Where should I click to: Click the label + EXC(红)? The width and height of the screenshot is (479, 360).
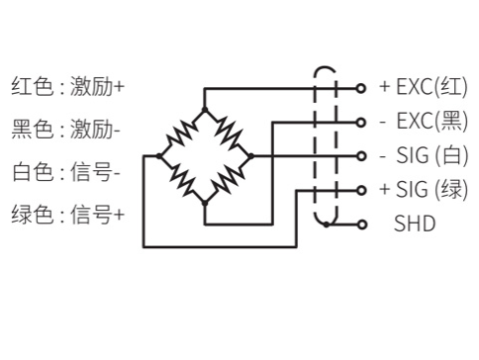click(x=424, y=86)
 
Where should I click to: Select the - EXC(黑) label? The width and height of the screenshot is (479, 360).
click(x=424, y=121)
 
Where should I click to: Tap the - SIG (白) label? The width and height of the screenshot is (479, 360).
click(x=424, y=155)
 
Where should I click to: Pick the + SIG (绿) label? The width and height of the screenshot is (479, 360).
click(x=424, y=189)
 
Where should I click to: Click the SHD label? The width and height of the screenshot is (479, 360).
click(x=414, y=224)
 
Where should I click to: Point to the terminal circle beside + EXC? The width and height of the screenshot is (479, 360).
click(x=361, y=87)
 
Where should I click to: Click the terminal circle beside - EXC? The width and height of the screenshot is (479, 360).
click(x=361, y=122)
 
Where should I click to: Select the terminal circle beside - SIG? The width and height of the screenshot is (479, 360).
click(x=361, y=155)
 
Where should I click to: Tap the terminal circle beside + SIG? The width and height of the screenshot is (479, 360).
click(x=361, y=190)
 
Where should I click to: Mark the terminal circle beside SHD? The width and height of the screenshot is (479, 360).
click(x=361, y=224)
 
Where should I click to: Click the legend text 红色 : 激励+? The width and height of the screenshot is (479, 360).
click(x=67, y=87)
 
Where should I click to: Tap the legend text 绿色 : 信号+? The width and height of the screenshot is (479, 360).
click(x=67, y=214)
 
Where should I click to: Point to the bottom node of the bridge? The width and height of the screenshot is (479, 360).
click(x=204, y=202)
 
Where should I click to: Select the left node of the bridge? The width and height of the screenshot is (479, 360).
click(x=158, y=155)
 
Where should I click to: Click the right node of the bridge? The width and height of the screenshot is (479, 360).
click(x=250, y=155)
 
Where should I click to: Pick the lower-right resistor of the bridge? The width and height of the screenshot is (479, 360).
click(x=228, y=179)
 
